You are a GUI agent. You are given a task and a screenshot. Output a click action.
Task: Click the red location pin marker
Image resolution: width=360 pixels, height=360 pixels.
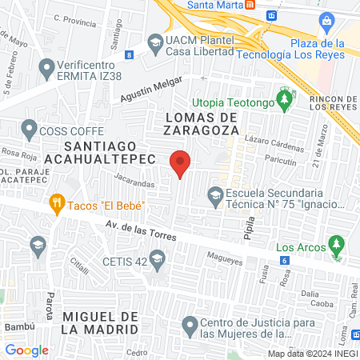(180, 162)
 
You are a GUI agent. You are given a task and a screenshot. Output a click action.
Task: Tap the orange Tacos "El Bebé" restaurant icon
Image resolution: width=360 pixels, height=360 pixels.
(56, 204)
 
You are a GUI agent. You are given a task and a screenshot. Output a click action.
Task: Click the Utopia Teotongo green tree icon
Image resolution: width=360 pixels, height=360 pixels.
(283, 99)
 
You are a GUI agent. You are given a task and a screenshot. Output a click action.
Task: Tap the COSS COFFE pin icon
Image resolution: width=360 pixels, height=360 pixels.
(30, 127)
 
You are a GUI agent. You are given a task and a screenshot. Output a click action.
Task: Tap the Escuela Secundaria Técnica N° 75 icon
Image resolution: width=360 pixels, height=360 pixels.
(214, 194)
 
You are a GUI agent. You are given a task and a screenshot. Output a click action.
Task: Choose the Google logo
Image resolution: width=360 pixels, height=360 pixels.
(26, 350)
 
